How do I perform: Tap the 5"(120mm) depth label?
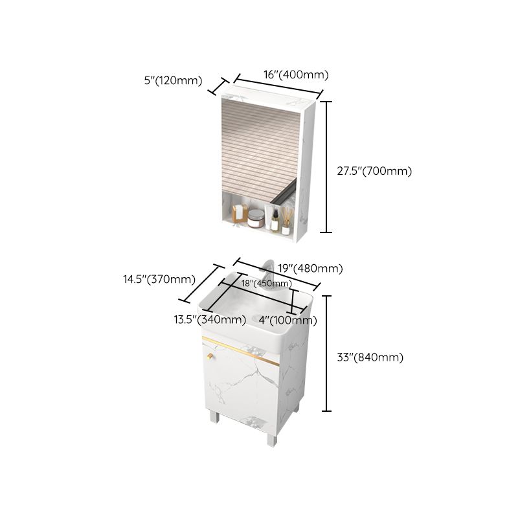pos(174,81)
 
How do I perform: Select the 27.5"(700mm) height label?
pos(374,171)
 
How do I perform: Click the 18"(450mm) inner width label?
pos(266,283)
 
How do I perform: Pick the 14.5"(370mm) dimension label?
pos(159,280)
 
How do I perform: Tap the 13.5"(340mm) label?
pos(209,319)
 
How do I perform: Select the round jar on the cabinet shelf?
pos(256,219)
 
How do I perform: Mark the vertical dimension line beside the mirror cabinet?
pos(328,166)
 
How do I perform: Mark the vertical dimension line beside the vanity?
pos(328,354)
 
